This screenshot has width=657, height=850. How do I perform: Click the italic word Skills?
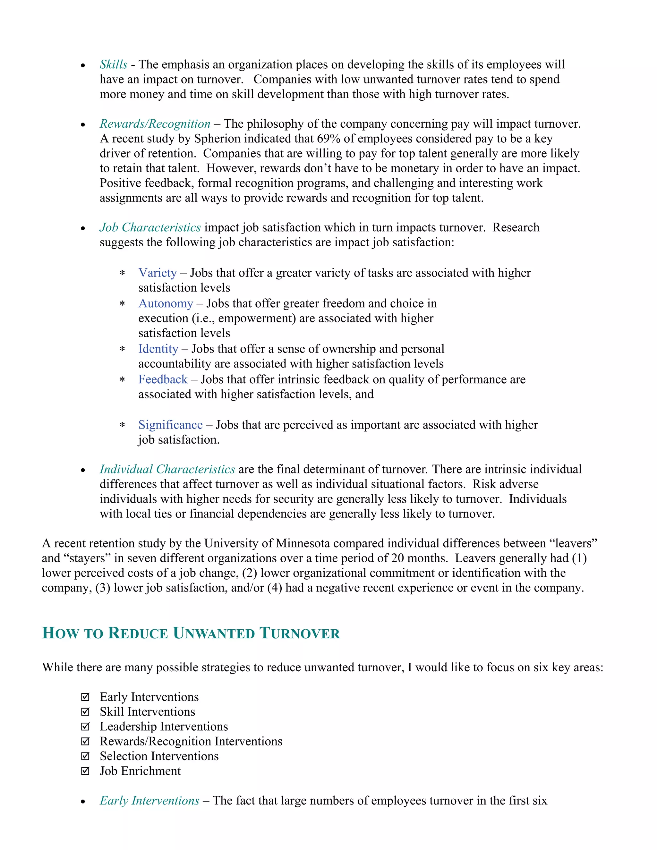pos(113,64)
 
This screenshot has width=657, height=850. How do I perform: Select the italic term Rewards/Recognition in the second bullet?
pos(155,124)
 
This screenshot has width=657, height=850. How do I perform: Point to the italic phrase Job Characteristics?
pos(150,227)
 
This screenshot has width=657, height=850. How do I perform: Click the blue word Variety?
pos(158,273)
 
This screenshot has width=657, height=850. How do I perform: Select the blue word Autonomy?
pos(166,303)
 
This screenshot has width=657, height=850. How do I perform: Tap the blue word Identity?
pos(158,349)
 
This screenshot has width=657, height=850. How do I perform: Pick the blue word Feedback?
pos(163,379)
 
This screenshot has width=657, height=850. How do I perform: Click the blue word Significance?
pos(170,425)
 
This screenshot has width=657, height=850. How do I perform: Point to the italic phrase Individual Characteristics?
pos(167,469)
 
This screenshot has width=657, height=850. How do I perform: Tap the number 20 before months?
pos(397,558)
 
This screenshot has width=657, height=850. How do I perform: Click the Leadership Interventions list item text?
pos(164,727)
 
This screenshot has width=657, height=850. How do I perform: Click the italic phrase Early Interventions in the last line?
pos(149,801)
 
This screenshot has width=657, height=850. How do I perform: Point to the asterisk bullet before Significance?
pos(122,425)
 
